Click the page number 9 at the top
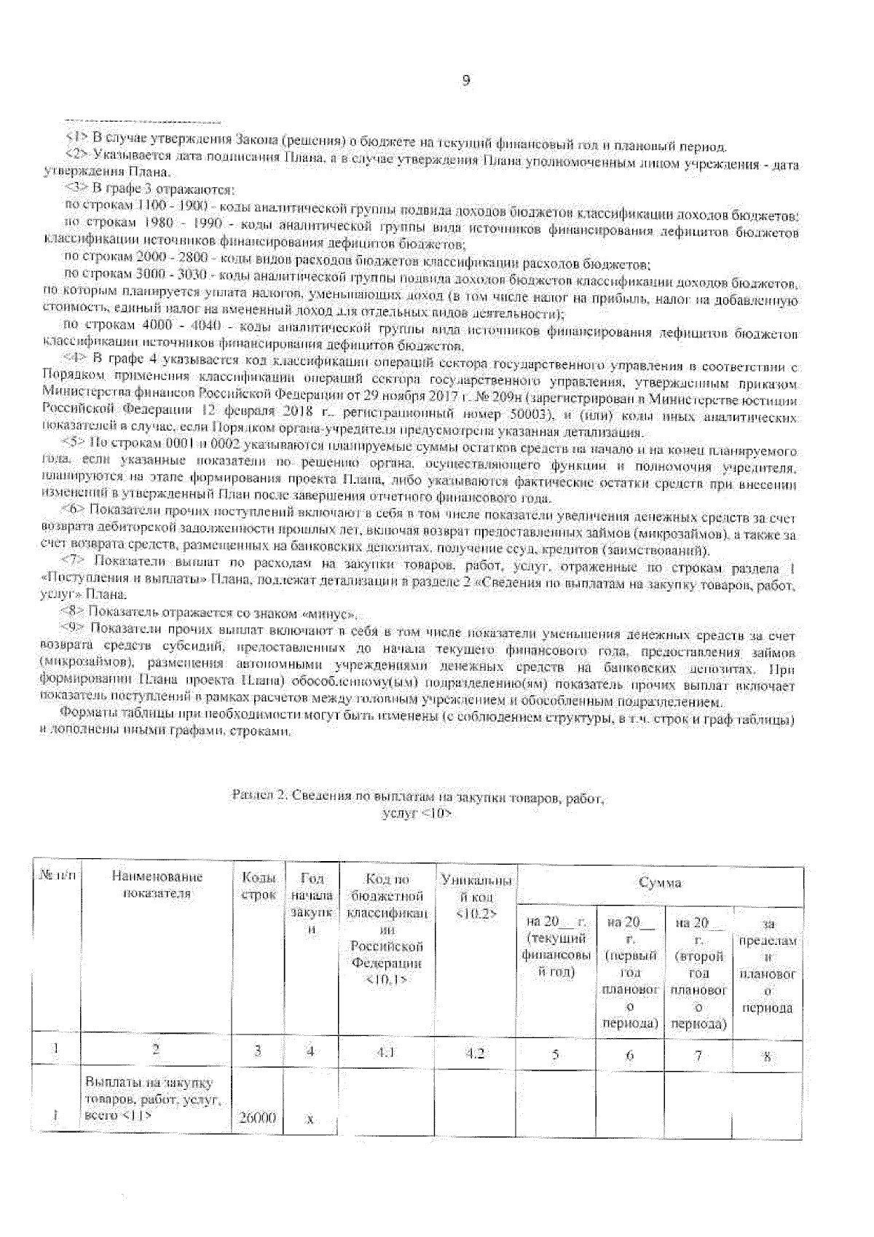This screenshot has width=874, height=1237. point(466,82)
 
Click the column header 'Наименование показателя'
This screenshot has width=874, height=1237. point(157,885)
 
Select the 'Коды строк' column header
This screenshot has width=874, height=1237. point(258,885)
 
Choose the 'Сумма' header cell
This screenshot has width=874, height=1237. point(659,883)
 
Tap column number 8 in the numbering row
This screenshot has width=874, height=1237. point(768,1055)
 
